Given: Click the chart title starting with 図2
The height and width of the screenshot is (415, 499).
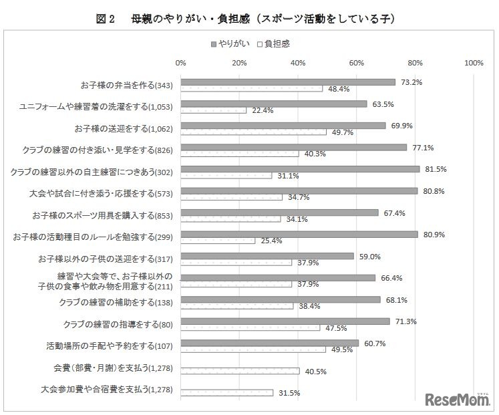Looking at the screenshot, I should (x=249, y=19).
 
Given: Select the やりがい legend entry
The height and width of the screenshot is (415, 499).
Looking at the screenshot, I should (x=230, y=44).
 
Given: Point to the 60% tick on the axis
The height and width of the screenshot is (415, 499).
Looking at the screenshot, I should (x=357, y=63).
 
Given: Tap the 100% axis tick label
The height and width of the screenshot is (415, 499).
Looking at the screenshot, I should (x=474, y=63).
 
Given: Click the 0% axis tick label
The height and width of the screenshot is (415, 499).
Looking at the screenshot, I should (x=180, y=63).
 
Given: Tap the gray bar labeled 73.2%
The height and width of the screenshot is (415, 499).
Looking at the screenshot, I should (x=288, y=82).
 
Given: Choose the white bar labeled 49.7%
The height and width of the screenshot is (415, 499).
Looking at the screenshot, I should (x=253, y=132).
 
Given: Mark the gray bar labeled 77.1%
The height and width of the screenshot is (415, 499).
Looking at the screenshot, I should (x=293, y=147).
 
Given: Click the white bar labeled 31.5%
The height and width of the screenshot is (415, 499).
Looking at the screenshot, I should (x=226, y=393).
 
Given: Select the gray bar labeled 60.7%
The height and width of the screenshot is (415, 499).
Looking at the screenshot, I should (x=269, y=343).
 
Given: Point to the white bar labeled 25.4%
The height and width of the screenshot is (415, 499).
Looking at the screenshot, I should (x=218, y=241).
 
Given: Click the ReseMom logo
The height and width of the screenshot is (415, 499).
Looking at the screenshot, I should (x=457, y=399).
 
